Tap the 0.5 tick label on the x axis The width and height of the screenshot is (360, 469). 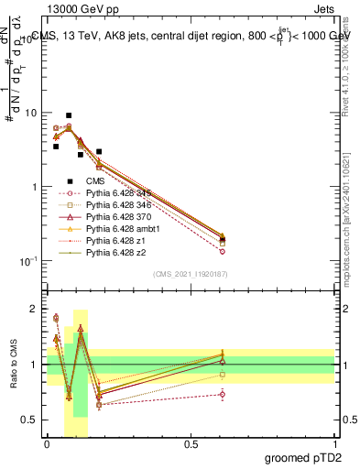pyautogui.click(x=191, y=444)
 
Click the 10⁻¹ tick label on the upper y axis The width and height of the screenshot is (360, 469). pyautogui.click(x=28, y=261)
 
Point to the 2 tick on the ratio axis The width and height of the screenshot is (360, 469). pyautogui.click(x=35, y=310)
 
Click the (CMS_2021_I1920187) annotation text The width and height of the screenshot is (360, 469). pyautogui.click(x=191, y=274)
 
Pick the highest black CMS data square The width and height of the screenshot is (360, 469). pyautogui.click(x=69, y=116)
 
